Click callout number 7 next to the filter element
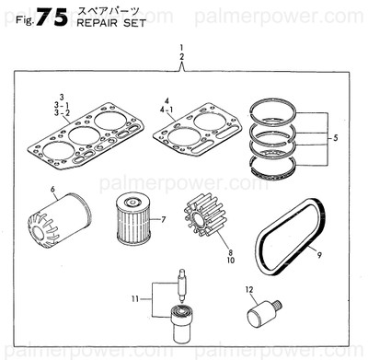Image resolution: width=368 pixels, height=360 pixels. pyautogui.click(x=162, y=219)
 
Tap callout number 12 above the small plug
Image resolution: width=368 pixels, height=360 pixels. pyautogui.click(x=248, y=290)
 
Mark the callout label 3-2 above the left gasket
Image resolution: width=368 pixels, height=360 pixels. pyautogui.click(x=62, y=114)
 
